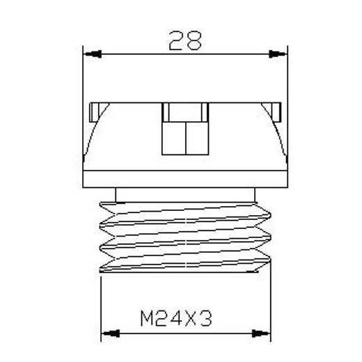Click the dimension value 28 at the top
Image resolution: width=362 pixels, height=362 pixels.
point(185,41)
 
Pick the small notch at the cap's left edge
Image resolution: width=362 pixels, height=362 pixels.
point(95,110)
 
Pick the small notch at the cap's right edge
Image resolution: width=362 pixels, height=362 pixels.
point(276,110)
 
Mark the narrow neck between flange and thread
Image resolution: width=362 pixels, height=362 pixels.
point(185,193)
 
